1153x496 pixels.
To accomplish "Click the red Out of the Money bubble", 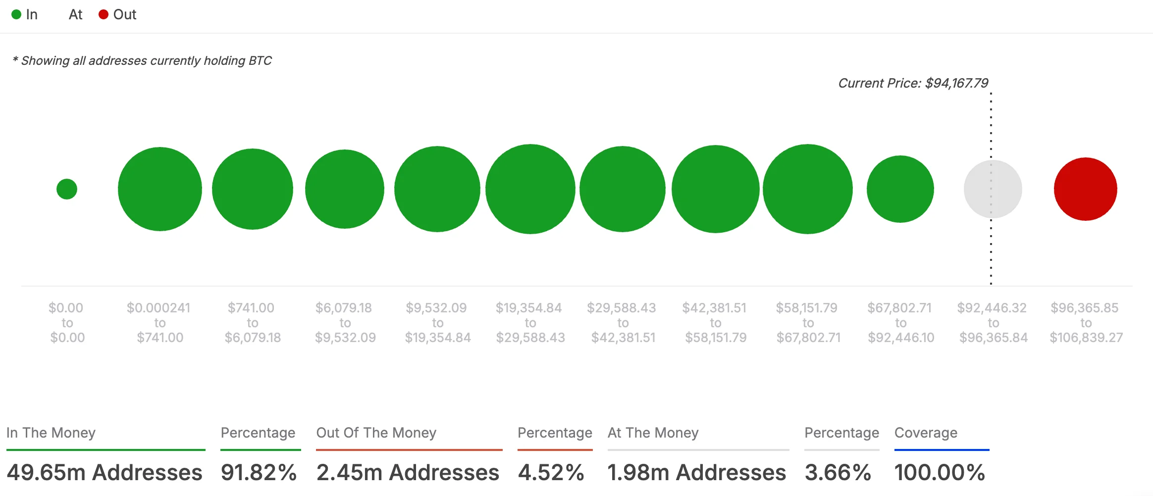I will click(1085, 189).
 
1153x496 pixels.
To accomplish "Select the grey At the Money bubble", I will click(993, 189).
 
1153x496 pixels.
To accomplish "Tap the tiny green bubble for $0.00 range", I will click(67, 189).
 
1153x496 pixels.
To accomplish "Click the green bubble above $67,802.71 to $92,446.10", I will click(900, 189).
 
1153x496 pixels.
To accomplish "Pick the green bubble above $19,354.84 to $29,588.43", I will click(530, 189).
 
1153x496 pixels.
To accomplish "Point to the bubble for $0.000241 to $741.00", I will click(159, 189).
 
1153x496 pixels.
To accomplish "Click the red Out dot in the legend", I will click(104, 15).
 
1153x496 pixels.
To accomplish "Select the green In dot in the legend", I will click(16, 15).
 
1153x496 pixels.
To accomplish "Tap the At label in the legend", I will click(75, 15).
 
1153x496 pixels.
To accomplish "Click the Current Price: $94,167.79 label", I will click(913, 83).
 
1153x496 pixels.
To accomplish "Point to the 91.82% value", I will click(259, 472).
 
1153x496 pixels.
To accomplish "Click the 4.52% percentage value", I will click(551, 472).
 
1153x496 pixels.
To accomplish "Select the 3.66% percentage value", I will click(838, 472).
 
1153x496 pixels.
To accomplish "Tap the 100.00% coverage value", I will click(940, 472).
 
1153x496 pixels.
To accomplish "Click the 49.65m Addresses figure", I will click(105, 472).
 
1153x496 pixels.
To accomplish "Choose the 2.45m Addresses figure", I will click(408, 472).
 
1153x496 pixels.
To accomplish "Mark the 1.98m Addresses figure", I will click(696, 472).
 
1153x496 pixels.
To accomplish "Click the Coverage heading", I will click(926, 433).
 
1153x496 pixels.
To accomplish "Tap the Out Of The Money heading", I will click(376, 433).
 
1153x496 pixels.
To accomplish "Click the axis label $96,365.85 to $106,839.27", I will click(1086, 323).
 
